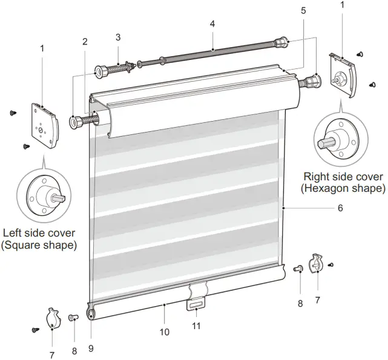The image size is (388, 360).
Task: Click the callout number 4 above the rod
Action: click(x=212, y=24)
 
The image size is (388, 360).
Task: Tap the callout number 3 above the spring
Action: click(x=118, y=37)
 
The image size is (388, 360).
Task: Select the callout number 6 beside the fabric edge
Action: click(x=341, y=208)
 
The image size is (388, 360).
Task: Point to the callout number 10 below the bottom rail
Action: click(x=165, y=332)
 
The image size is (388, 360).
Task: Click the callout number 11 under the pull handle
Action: click(x=196, y=326)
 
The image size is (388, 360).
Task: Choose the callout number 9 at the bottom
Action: click(x=91, y=349)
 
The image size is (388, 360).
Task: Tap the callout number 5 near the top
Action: click(x=304, y=11)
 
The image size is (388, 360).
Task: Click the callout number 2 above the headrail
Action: click(x=85, y=42)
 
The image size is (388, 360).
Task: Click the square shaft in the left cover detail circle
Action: click(x=58, y=198)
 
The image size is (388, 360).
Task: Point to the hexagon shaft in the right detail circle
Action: click(x=326, y=143)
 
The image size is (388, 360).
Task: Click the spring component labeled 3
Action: click(x=115, y=68)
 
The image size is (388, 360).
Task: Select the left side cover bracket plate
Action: click(x=45, y=126)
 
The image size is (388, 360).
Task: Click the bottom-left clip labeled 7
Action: click(x=53, y=319)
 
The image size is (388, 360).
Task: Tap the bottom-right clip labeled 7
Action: click(x=316, y=263)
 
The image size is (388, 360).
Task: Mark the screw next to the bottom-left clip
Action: click(x=36, y=330)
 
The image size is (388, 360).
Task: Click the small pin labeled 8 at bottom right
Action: click(x=298, y=269)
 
